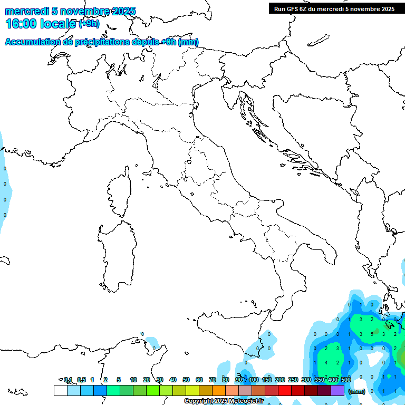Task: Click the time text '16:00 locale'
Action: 40,23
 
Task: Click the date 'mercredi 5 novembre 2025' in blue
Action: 70,11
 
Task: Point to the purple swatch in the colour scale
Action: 337,391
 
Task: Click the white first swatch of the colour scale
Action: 60,391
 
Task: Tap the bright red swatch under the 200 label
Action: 285,391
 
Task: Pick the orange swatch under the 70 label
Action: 219,391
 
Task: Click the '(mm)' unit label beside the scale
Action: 357,391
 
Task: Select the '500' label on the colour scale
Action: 346,380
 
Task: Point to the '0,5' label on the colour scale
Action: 81,380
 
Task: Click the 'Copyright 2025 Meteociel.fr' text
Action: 224,401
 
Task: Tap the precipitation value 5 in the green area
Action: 372,334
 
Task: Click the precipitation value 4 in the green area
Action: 327,363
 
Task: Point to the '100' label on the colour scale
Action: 254,380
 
